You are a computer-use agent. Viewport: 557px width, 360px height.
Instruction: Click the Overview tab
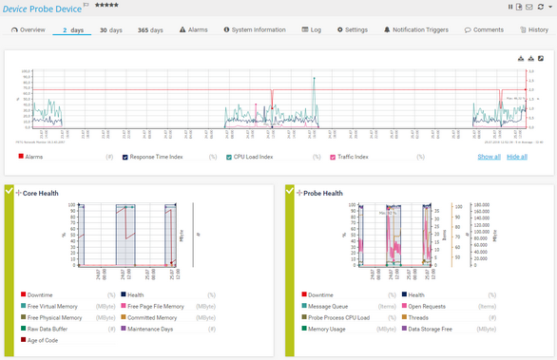click(x=29, y=30)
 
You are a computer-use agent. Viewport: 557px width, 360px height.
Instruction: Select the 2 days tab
click(x=72, y=30)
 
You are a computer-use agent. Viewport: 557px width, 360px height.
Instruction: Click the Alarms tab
click(x=193, y=30)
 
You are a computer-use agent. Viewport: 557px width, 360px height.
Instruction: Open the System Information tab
click(x=255, y=30)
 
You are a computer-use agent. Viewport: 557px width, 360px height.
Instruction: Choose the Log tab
click(x=312, y=30)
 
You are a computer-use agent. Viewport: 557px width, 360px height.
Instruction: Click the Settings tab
click(x=353, y=30)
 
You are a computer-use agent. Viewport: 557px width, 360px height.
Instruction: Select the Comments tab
click(x=485, y=30)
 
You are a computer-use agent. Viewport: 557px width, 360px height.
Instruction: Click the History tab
click(x=534, y=30)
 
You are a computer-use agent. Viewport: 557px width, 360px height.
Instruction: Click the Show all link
click(x=489, y=156)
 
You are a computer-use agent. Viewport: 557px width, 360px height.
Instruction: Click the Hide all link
click(x=516, y=156)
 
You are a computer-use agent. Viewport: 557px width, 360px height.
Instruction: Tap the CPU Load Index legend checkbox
click(x=229, y=156)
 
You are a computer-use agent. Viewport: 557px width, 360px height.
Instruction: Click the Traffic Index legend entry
click(x=355, y=156)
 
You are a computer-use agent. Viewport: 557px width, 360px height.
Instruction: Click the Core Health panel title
click(x=41, y=193)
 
